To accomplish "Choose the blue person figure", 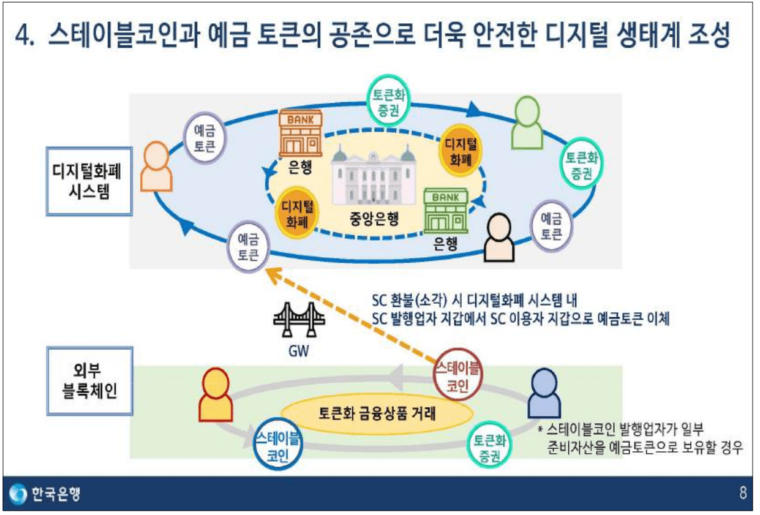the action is coord(544,392).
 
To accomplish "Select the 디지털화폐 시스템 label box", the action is coord(89,181).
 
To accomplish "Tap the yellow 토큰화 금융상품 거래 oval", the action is coord(377,413).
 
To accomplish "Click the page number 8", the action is coord(742,494).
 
